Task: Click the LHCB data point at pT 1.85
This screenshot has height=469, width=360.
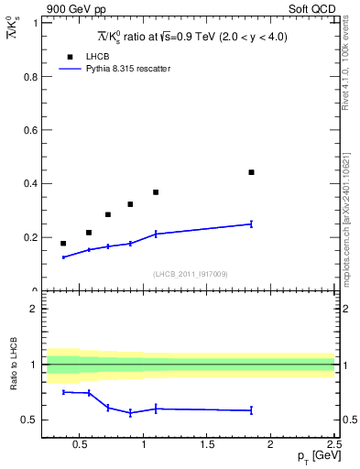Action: tap(251, 172)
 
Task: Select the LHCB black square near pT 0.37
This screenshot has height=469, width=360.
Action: tap(63, 244)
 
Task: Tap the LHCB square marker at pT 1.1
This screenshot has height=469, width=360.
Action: tap(156, 192)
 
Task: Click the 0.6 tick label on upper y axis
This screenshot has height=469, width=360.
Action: tap(30, 130)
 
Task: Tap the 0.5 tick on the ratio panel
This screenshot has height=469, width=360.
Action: tap(30, 420)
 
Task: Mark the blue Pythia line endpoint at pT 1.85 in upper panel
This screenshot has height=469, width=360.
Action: tap(251, 224)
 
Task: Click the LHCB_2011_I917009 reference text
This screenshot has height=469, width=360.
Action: tap(190, 274)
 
